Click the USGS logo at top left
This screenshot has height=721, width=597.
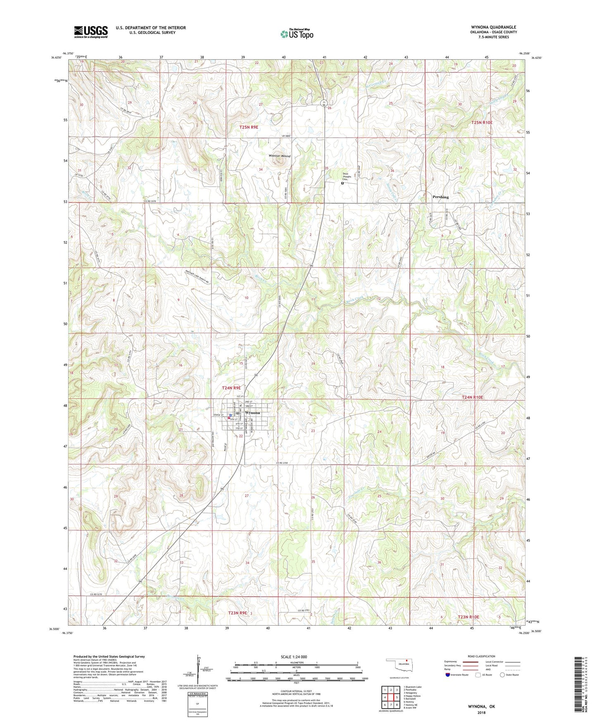91,32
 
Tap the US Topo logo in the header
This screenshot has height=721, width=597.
297,34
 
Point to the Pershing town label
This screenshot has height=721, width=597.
440,197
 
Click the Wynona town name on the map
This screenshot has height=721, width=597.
252,413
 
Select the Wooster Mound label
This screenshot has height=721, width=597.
280,156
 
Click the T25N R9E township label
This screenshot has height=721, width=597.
249,128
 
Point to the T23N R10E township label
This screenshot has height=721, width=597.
469,617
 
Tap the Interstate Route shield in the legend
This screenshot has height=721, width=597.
448,675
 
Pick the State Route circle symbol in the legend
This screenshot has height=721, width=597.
502,675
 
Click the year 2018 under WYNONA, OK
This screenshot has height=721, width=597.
481,712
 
